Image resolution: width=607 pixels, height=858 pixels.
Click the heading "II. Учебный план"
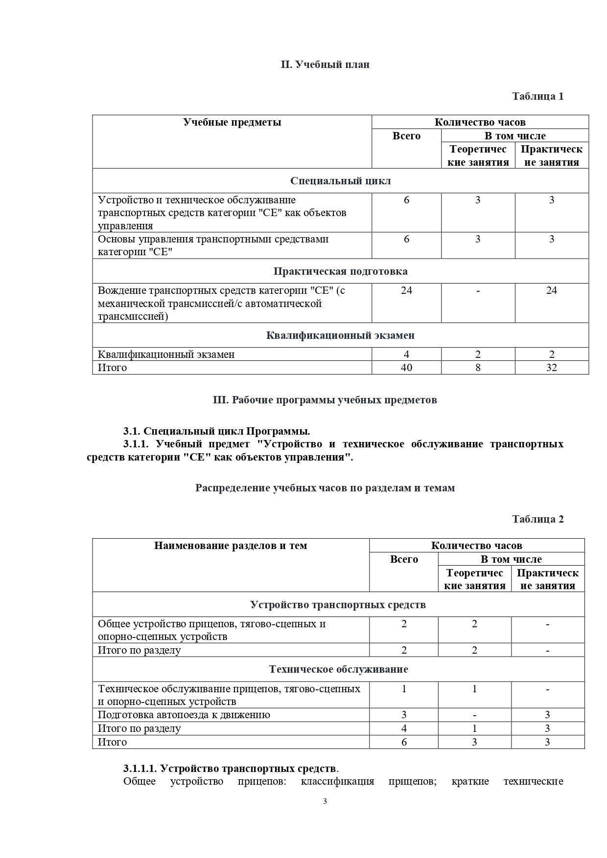tap(325, 65)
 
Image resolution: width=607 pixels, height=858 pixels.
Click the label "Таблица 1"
tap(537, 96)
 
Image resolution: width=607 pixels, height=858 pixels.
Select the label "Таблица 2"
tap(537, 519)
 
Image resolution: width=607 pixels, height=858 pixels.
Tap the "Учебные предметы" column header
tap(232, 122)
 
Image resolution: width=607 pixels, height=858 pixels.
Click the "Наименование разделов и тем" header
tap(231, 546)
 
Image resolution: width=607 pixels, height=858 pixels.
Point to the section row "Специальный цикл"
tap(340, 181)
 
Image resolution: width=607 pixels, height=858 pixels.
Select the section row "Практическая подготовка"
tap(340, 271)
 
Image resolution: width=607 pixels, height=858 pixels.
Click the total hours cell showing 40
tap(406, 368)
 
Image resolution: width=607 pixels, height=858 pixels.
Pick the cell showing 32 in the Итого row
tap(551, 368)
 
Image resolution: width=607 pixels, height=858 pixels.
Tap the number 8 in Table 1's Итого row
tap(478, 368)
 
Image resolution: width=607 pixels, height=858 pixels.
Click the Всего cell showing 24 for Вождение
tap(406, 290)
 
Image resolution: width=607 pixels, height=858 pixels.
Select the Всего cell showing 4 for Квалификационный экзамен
tap(406, 354)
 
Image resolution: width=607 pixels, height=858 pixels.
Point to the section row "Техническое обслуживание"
tap(338, 669)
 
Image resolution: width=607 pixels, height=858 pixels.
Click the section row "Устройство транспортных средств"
tap(338, 605)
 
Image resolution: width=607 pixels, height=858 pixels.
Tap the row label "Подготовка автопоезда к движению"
tap(184, 715)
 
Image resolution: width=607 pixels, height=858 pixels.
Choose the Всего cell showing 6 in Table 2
tap(404, 742)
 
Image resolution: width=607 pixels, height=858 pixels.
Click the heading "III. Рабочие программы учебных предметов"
tap(325, 400)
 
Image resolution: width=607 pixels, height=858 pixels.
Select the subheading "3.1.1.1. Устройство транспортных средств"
tap(230, 768)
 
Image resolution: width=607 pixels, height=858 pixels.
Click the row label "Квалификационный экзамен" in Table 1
tap(166, 354)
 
